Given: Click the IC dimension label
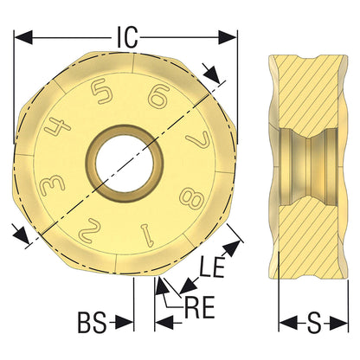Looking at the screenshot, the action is coord(126,37).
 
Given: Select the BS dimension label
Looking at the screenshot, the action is coord(92,323).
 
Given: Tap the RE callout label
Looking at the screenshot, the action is coord(200,307).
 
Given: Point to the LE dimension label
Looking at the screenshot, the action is coord(212,267).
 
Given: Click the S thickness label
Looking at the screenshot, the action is coord(313,323).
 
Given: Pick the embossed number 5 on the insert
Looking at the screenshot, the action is coord(101,92).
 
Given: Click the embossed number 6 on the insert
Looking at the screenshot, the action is coord(157,97).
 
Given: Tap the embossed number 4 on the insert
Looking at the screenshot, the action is coord(57,125).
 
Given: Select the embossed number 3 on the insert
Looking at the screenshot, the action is coord(54,186).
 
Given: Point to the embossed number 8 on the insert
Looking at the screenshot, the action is coord(191,198).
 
